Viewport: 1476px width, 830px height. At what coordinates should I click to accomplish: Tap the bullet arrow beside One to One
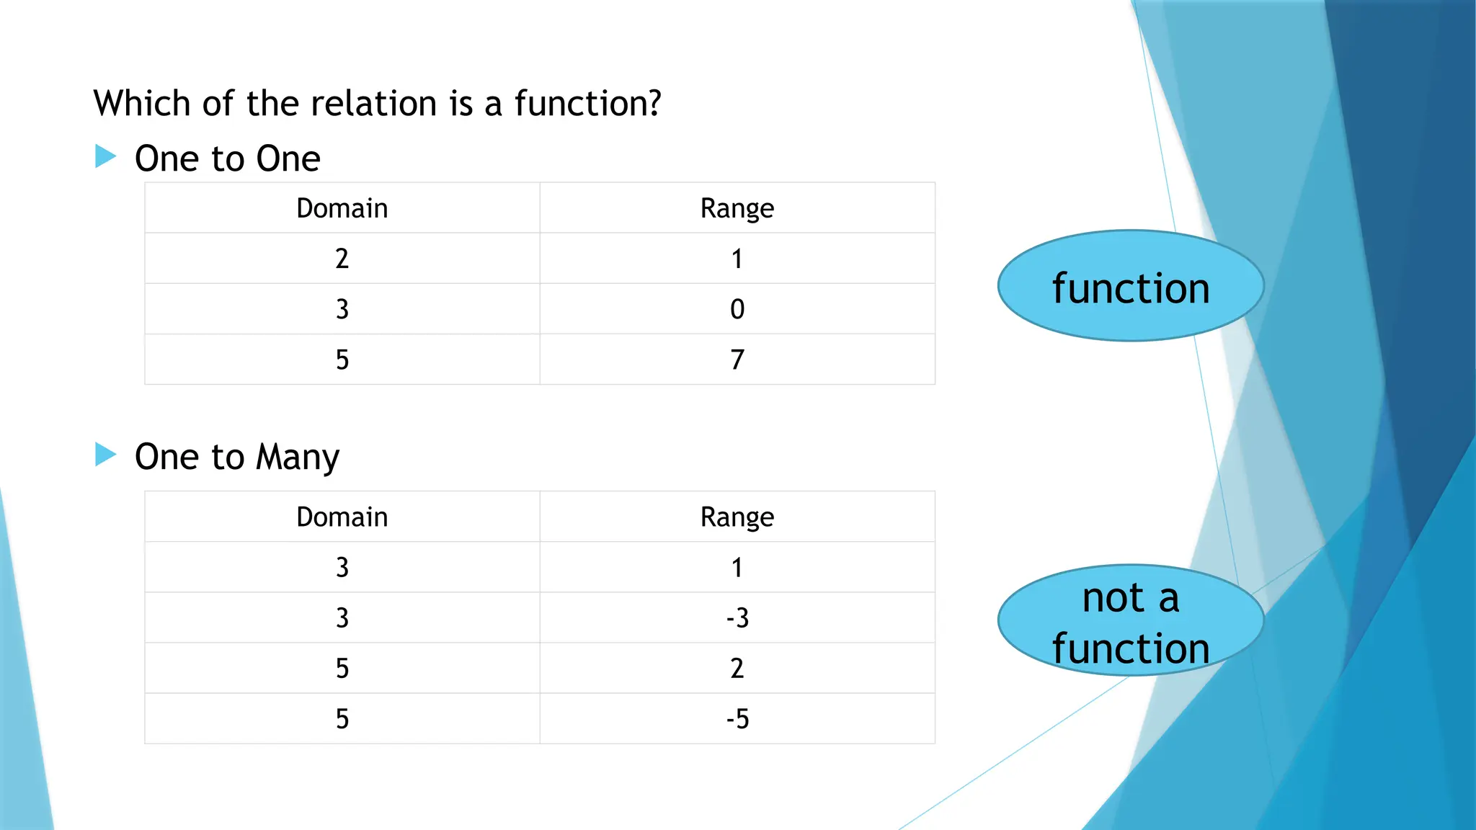(105, 156)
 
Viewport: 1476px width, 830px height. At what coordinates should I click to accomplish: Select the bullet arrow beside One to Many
(105, 455)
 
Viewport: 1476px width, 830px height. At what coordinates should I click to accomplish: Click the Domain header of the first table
(342, 208)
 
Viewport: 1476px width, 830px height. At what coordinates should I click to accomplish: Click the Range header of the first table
(737, 208)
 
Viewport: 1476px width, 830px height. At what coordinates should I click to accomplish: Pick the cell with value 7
(737, 360)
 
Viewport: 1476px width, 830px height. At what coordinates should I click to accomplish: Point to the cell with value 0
(737, 309)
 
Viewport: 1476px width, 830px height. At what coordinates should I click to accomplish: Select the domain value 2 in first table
(342, 259)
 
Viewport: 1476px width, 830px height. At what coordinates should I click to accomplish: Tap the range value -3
(737, 618)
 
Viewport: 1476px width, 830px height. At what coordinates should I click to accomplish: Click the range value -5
(737, 719)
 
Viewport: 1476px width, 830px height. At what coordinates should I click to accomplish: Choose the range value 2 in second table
(737, 669)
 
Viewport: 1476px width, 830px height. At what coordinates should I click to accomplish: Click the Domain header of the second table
(342, 517)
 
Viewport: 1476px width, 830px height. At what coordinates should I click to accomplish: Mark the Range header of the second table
(737, 517)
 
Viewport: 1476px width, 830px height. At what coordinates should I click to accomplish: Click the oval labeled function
(1130, 287)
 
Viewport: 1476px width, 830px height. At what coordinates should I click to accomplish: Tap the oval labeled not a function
(1130, 621)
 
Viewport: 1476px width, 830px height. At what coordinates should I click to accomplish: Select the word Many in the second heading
(297, 458)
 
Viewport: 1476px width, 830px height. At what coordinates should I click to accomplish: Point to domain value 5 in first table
(342, 360)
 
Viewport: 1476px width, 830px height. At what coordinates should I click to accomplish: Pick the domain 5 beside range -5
(342, 719)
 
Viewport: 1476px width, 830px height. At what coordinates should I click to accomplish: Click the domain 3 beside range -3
(342, 618)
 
